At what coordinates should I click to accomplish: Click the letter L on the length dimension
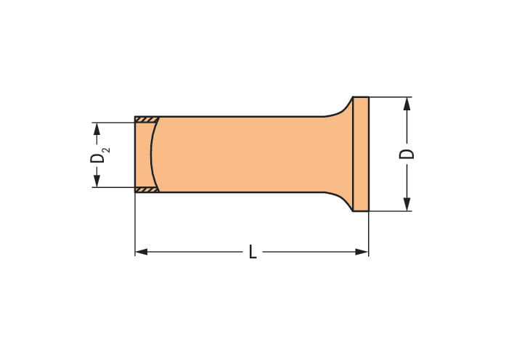(252, 252)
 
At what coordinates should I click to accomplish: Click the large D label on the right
(408, 154)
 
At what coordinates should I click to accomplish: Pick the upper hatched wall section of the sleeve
(147, 119)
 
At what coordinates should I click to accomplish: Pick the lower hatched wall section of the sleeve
(147, 190)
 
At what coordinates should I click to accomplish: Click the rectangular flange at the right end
(361, 154)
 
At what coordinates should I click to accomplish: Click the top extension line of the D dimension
(392, 97)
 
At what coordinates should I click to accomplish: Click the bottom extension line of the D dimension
(392, 211)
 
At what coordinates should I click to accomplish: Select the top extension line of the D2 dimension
(113, 121)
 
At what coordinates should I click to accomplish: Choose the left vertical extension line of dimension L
(135, 225)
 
